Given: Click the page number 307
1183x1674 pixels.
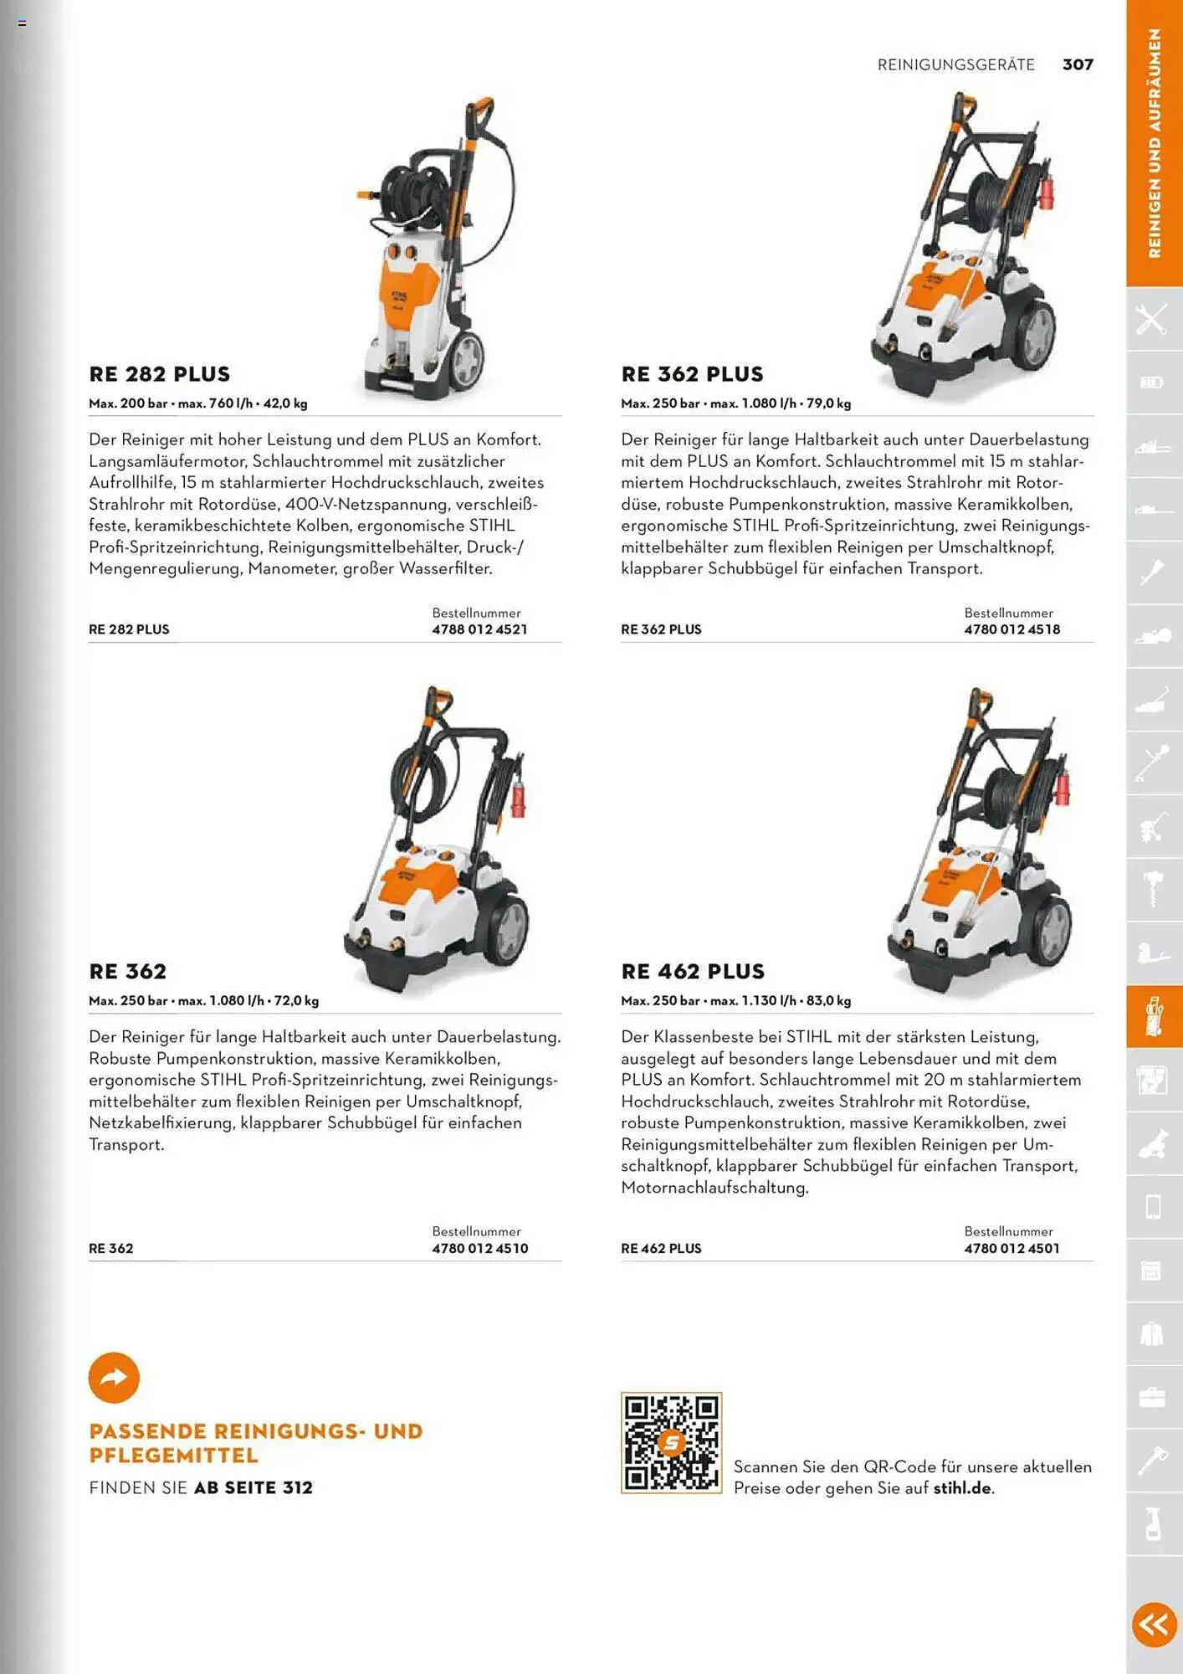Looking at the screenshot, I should pos(1078,64).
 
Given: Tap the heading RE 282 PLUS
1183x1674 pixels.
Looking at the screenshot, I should pos(160,374).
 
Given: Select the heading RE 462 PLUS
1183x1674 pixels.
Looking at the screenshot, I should pos(693,972).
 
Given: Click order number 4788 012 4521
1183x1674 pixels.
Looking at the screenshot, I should pos(479,629).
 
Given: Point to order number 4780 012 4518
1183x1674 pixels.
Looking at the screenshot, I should pos(1011,629).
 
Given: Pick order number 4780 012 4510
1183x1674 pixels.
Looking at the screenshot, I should pos(479,1248).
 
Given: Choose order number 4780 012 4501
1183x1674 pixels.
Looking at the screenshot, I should pos(1011,1248).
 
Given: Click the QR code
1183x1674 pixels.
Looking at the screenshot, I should pos(671,1442).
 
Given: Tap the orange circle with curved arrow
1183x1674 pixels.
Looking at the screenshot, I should pos(114,1378).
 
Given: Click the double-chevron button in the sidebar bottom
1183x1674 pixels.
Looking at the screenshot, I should pos(1154,1625).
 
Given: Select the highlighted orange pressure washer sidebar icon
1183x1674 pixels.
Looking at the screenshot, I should pos(1154,1016).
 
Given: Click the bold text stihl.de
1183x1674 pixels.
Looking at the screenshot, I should pos(962,1488).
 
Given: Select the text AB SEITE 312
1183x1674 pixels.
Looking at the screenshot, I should pos(253,1487).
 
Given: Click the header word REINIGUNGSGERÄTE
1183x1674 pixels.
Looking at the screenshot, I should pos(955,64).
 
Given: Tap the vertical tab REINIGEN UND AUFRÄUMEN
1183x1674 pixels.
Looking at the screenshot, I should pos(1155,142).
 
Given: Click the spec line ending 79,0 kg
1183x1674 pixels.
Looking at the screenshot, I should pos(735,403).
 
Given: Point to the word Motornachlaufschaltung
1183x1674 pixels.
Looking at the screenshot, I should pos(714,1188).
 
